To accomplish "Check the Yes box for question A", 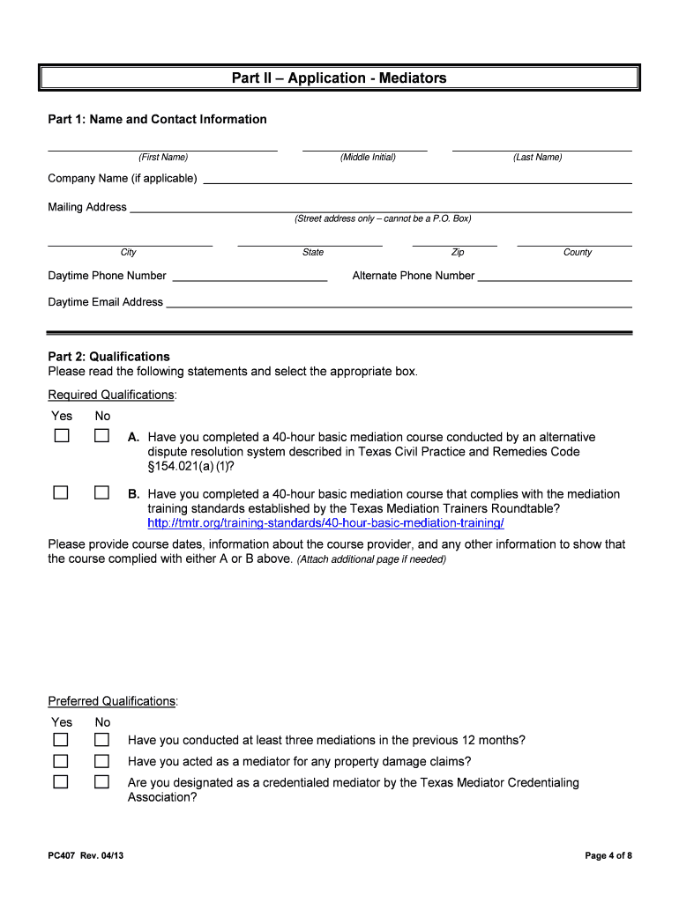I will pos(61,436).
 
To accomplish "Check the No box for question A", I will pos(102,436).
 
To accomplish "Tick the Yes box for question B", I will pos(61,492).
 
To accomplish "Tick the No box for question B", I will pos(102,492).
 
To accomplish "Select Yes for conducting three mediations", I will pos(61,739).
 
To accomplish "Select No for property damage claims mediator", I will pos(102,760).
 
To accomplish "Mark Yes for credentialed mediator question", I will pos(61,781).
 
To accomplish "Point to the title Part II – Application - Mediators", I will pos(339,78).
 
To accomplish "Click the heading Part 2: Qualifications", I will pos(108,357).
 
